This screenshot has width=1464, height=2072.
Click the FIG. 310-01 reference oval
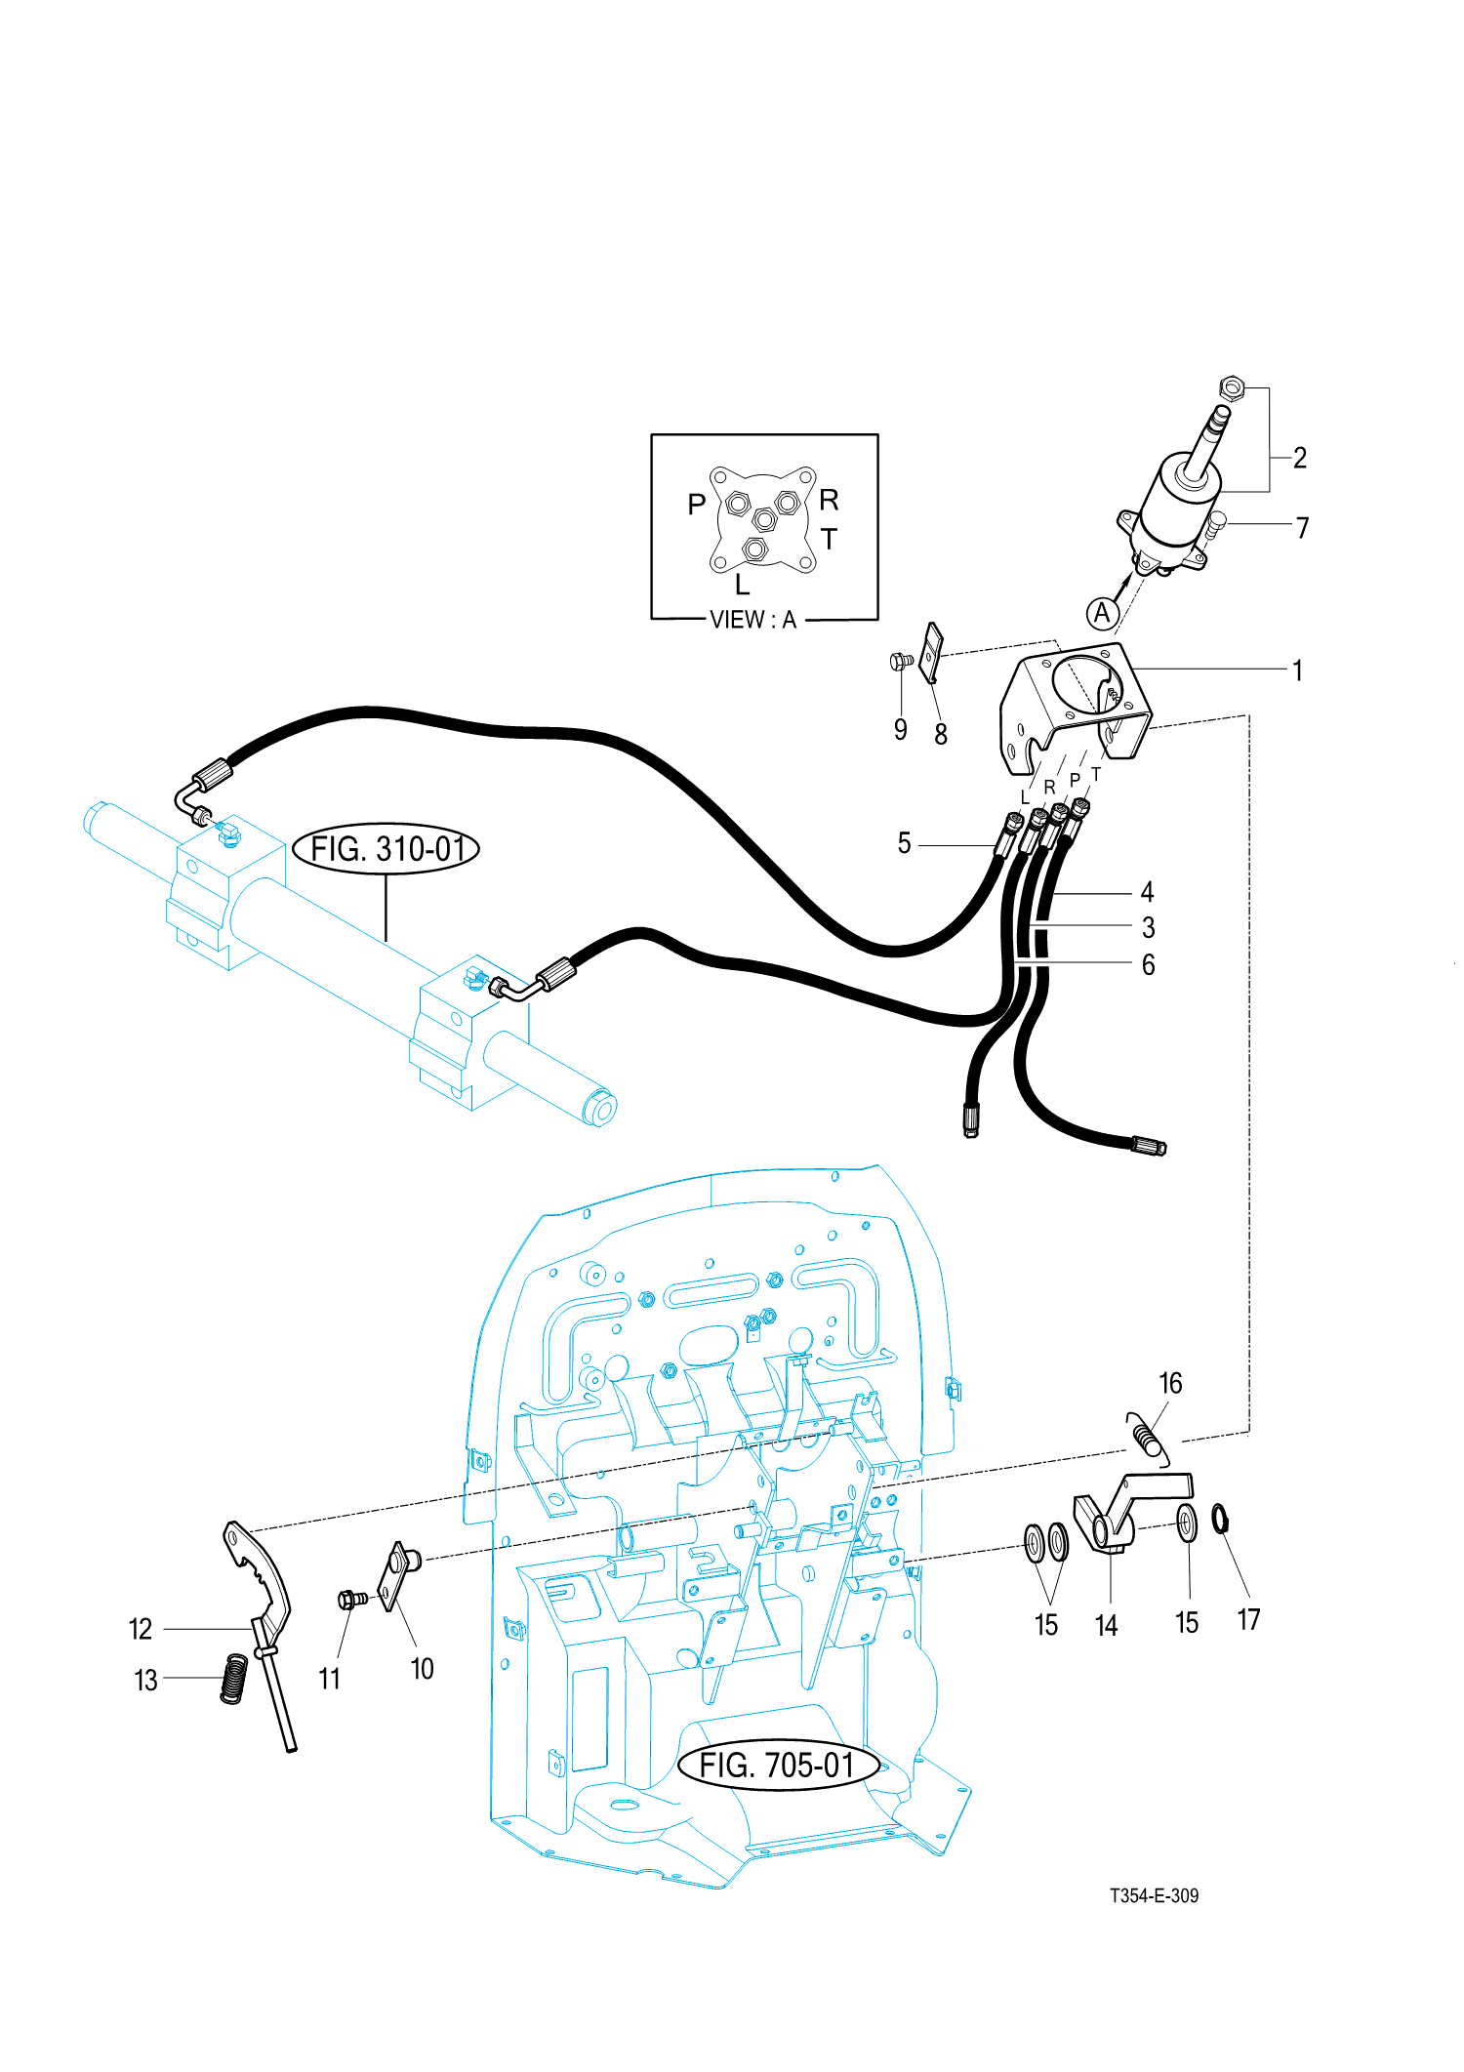pyautogui.click(x=386, y=848)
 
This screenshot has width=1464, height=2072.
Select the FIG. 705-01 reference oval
pyautogui.click(x=778, y=1765)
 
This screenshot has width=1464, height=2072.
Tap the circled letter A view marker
pyautogui.click(x=1103, y=613)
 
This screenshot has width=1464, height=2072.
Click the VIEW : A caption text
pyautogui.click(x=752, y=620)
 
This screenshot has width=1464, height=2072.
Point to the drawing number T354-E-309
pyautogui.click(x=1154, y=1895)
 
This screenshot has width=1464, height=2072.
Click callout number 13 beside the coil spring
pyautogui.click(x=145, y=1680)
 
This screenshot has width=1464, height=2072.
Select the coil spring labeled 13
pyautogui.click(x=233, y=1679)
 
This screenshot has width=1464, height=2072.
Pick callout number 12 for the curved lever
pyautogui.click(x=141, y=1628)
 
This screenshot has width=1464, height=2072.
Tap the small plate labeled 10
pyautogui.click(x=399, y=1574)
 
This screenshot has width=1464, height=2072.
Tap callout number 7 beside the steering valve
pyautogui.click(x=1302, y=528)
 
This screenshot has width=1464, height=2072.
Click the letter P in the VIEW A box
pyautogui.click(x=697, y=505)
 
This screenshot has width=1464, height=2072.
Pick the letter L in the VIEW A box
pyautogui.click(x=743, y=585)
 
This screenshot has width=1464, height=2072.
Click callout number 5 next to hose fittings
pyautogui.click(x=905, y=843)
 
